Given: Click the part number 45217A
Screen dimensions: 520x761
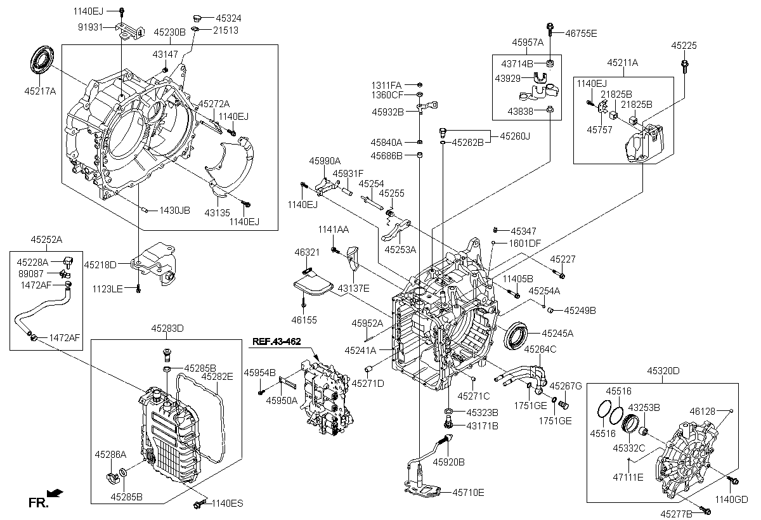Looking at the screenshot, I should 41,91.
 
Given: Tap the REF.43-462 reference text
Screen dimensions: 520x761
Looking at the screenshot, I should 276,341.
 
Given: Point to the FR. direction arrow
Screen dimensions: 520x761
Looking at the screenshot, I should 56,491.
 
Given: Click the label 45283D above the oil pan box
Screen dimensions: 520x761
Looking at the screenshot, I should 167,328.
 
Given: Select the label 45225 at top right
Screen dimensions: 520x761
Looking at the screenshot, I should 684,46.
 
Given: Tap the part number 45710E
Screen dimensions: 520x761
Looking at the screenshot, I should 468,491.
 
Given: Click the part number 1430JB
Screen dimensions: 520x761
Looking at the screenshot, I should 174,210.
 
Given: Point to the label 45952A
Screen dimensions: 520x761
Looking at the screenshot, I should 368,323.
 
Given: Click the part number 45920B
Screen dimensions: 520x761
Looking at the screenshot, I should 449,462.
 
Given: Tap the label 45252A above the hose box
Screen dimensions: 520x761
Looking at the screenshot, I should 46,240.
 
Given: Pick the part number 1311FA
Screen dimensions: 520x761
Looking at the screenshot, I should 387,84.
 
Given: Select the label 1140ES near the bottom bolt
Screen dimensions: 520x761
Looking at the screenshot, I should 227,504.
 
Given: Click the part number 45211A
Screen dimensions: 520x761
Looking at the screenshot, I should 623,62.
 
